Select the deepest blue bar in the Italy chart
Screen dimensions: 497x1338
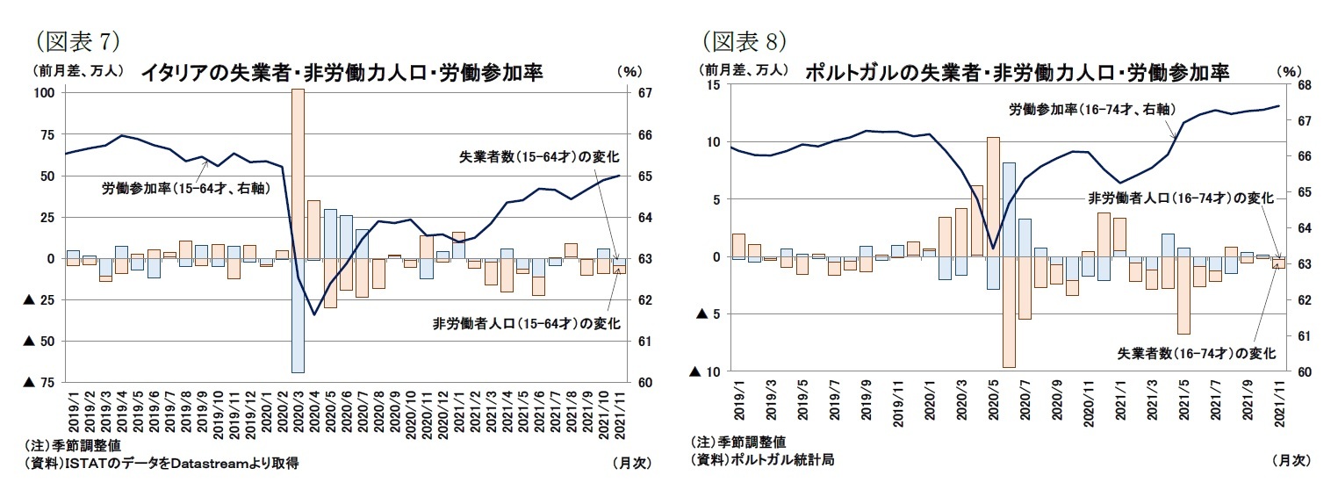[298, 316]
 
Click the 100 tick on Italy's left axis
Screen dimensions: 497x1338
[45, 93]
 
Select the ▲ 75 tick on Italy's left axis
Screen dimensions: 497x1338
[39, 382]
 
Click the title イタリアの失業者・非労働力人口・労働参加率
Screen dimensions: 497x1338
[342, 73]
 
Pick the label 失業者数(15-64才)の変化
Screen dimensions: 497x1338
[539, 157]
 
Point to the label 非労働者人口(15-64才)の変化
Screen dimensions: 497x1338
[527, 323]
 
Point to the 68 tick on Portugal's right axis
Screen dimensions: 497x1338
[1304, 84]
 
